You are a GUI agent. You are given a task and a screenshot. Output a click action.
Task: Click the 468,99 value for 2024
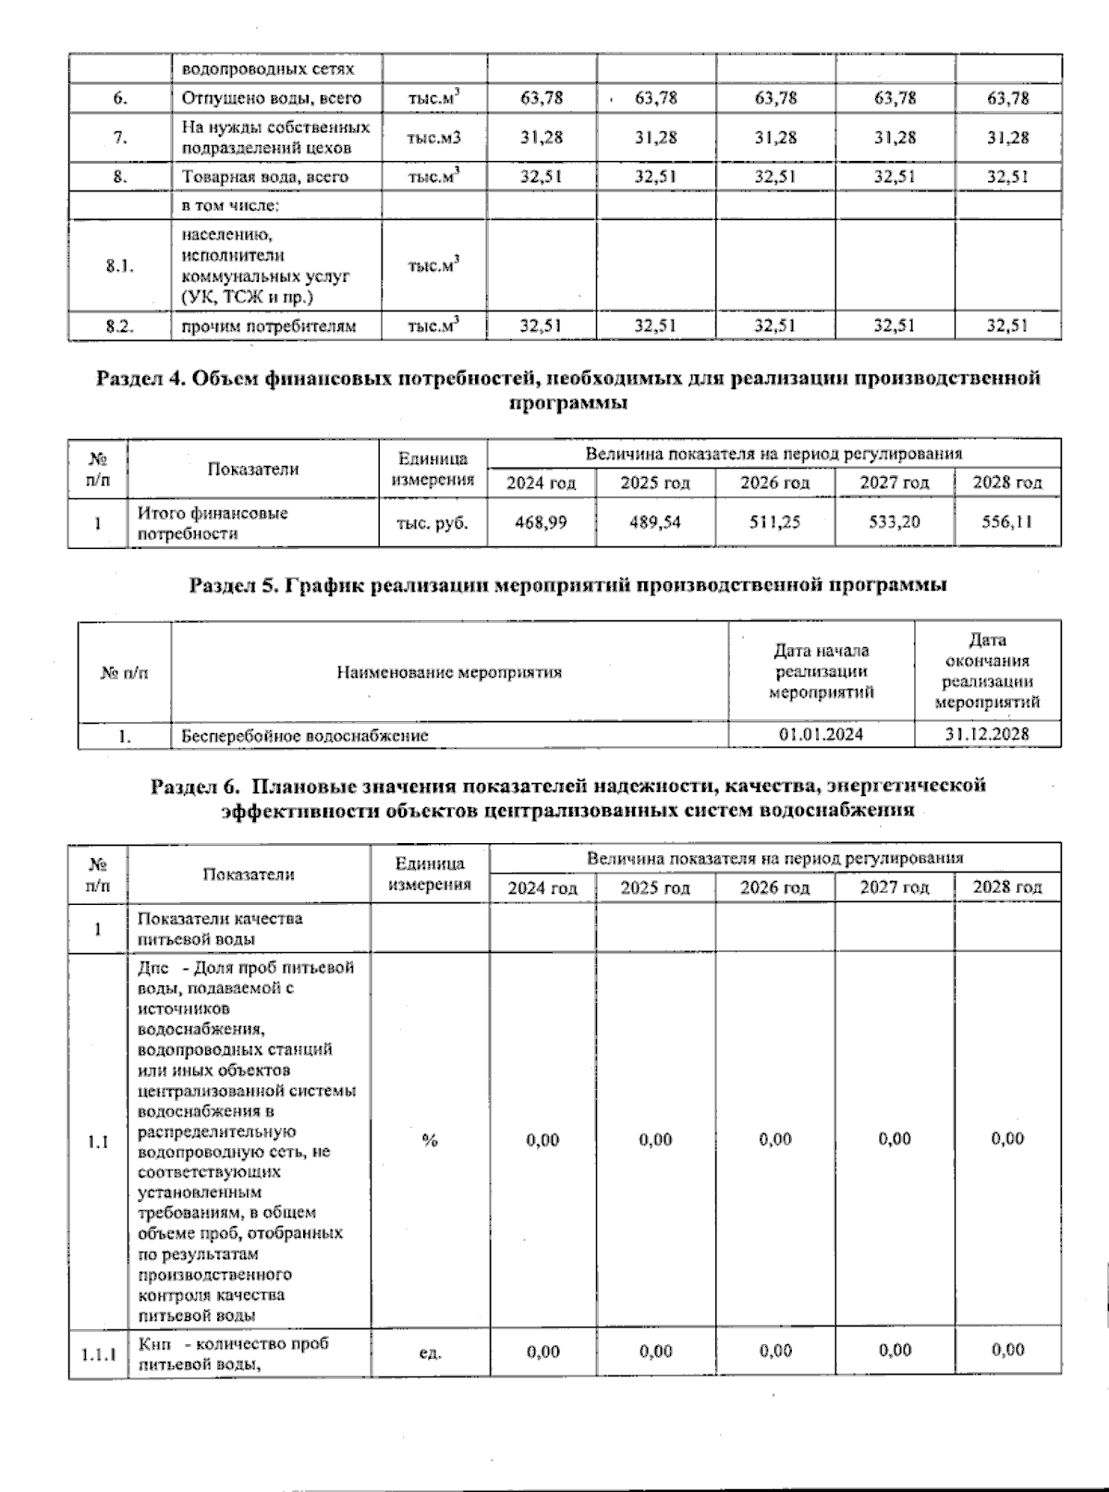click(x=542, y=523)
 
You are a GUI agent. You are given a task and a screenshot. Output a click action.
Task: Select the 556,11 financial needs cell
click(x=1007, y=523)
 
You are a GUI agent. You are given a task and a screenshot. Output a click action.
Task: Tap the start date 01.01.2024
click(x=822, y=736)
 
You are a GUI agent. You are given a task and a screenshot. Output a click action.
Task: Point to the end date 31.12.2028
click(x=987, y=736)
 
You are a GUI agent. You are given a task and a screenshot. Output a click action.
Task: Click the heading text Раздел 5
click(x=235, y=585)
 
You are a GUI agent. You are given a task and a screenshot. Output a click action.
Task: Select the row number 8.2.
click(x=119, y=325)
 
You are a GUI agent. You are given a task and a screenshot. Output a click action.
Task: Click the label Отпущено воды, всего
click(x=272, y=98)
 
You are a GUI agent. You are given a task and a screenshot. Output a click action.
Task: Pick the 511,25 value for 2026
click(x=774, y=523)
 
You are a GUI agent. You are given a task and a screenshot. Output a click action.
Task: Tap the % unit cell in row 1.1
click(x=430, y=1141)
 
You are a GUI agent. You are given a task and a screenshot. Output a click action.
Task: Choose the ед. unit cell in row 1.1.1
click(x=430, y=1352)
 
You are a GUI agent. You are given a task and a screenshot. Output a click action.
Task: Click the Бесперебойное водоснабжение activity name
click(x=305, y=736)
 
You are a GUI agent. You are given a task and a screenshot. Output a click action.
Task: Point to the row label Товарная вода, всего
click(x=265, y=177)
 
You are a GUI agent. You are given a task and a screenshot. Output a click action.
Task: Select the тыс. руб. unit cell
click(x=432, y=523)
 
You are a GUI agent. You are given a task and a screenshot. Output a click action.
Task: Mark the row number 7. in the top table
click(x=119, y=138)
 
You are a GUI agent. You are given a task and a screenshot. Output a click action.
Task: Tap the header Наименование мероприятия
click(x=449, y=672)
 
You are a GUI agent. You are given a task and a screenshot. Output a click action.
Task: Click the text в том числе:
click(x=231, y=205)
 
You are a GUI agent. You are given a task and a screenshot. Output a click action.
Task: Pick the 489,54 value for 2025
click(x=655, y=523)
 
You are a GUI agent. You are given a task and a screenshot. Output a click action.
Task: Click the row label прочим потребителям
click(x=269, y=325)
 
